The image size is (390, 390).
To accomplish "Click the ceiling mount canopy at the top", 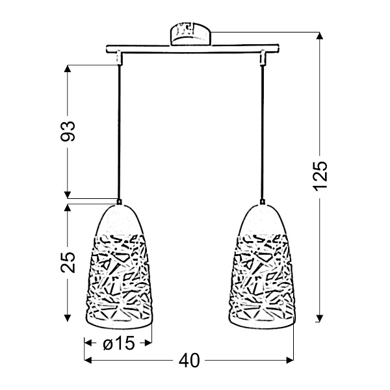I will coord(192,34).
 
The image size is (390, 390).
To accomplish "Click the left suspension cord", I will coord(119,130).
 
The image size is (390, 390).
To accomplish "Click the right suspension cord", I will coord(263,130).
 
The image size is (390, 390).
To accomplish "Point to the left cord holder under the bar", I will coord(120,59).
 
